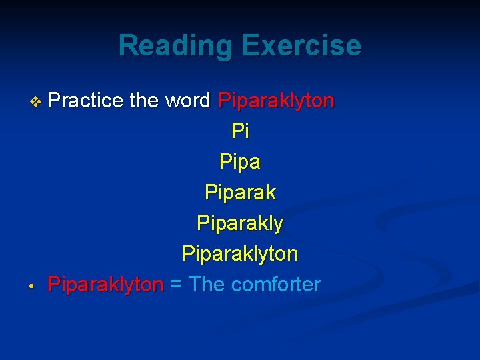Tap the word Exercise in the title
pyautogui.click(x=301, y=46)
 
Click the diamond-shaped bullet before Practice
pyautogui.click(x=36, y=101)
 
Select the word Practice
pyautogui.click(x=86, y=101)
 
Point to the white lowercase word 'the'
pyautogui.click(x=144, y=101)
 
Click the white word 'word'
pyautogui.click(x=187, y=101)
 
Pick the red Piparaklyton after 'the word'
pyautogui.click(x=277, y=101)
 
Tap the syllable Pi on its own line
pyautogui.click(x=240, y=131)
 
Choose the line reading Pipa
pyautogui.click(x=240, y=162)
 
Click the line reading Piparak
pyautogui.click(x=240, y=193)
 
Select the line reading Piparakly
pyautogui.click(x=240, y=224)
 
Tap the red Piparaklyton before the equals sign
pyautogui.click(x=105, y=285)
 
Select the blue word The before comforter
pyautogui.click(x=207, y=285)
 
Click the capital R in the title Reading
pyautogui.click(x=127, y=46)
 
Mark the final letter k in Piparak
pyautogui.click(x=270, y=193)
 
